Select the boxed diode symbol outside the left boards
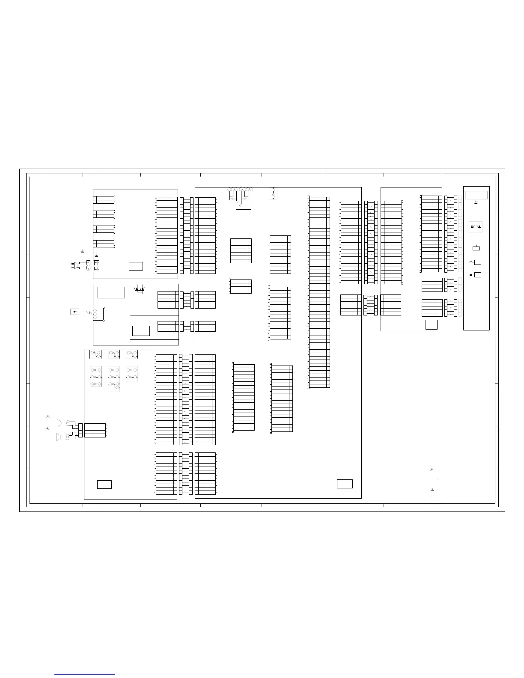[75, 312]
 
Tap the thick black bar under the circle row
[244, 209]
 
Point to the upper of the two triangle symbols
[59, 423]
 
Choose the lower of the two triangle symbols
[59, 437]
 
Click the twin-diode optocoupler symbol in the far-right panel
[476, 226]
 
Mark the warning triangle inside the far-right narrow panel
[476, 202]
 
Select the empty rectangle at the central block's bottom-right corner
[345, 484]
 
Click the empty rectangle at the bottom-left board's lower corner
[104, 485]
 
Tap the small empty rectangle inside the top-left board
[136, 266]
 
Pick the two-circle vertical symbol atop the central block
[273, 193]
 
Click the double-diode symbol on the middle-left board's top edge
[139, 289]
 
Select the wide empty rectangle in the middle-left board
[111, 292]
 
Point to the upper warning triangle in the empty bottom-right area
[432, 470]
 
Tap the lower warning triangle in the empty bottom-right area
[432, 489]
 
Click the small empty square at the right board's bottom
[431, 324]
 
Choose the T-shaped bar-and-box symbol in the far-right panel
[476, 247]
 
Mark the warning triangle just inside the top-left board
[96, 255]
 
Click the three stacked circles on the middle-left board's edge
[95, 314]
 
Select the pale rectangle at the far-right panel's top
[476, 194]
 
